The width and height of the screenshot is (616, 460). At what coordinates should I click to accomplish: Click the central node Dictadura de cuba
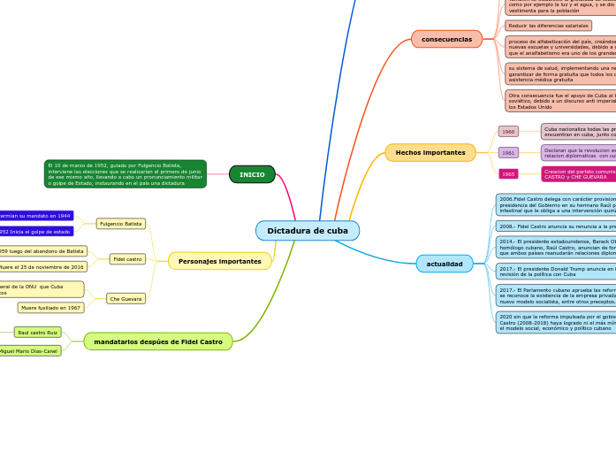pos(308,231)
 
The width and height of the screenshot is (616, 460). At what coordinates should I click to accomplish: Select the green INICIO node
pos(252,174)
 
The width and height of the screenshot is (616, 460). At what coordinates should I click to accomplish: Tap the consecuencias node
pos(446,39)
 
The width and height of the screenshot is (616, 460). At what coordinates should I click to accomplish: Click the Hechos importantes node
pos(430,152)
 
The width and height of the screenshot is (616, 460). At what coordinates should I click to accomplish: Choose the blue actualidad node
pos(445,264)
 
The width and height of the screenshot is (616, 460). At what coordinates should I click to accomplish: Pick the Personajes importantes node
pos(220,261)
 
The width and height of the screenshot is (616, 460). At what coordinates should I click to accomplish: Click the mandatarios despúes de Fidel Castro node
pos(158,341)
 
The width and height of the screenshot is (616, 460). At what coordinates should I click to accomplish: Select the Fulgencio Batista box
pos(121,224)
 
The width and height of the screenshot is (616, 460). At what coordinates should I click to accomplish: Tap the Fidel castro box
pos(127,259)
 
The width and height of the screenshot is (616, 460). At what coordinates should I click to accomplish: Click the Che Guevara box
pos(125,299)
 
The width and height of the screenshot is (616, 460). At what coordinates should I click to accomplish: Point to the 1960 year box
pos(508,131)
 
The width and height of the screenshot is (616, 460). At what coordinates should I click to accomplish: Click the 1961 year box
pos(508,152)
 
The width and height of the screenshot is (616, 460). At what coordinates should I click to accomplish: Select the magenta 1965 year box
pos(508,174)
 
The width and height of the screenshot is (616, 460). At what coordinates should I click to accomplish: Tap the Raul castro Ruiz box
pos(37,333)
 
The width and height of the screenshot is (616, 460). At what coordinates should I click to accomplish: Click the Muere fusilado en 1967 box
pos(50,308)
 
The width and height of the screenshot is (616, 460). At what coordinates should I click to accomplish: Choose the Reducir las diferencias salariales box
pos(548,26)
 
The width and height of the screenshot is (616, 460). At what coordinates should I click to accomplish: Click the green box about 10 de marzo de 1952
pos(125,174)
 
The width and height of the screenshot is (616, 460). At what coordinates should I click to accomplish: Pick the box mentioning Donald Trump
pos(556,271)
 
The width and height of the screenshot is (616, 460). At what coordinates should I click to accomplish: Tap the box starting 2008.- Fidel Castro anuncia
pos(556,226)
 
